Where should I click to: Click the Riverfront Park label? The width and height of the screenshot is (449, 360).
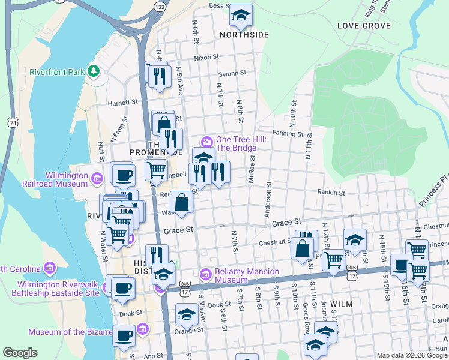[x=57, y=72]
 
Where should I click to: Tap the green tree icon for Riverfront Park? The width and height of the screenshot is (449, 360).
[x=93, y=72]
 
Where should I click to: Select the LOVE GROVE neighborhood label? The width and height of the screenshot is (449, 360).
[x=364, y=26]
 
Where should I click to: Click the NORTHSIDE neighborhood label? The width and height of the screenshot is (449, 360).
[x=244, y=35]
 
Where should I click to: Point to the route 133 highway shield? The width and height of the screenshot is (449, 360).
[x=159, y=7]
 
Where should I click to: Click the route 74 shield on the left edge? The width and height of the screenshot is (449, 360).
[x=12, y=122]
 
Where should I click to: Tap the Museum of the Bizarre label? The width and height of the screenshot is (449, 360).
[x=70, y=332]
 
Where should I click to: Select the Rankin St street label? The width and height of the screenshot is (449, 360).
[x=331, y=193]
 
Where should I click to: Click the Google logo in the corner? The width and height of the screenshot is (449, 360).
[x=20, y=353]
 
